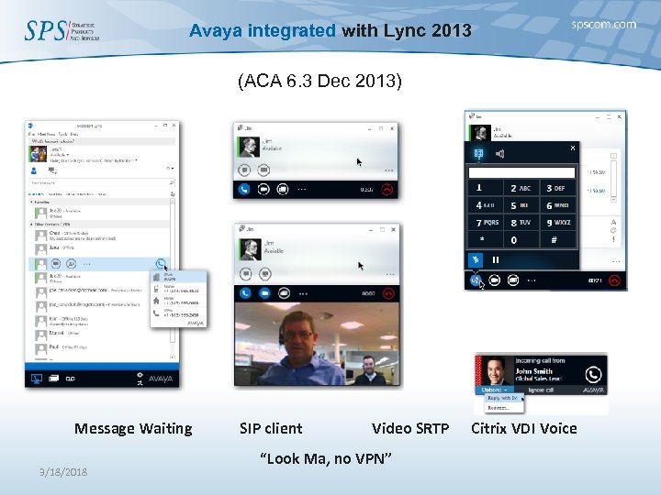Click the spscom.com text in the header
[602, 25]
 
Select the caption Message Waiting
[133, 428]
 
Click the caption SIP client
[270, 428]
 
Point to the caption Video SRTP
[409, 428]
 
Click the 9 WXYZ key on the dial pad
[557, 223]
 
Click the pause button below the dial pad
[496, 259]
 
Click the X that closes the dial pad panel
[573, 148]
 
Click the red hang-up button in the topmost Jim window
[388, 190]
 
